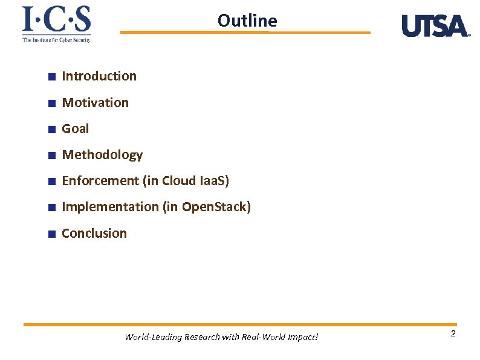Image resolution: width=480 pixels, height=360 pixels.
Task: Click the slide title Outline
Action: click(x=247, y=21)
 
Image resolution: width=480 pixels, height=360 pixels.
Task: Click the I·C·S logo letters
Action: click(x=56, y=20)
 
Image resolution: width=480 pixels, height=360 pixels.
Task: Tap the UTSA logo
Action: click(x=435, y=26)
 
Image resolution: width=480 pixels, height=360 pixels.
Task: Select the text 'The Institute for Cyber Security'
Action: click(x=56, y=40)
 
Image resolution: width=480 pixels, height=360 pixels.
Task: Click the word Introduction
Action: click(x=99, y=76)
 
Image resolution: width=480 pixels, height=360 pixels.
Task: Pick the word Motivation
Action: click(x=96, y=103)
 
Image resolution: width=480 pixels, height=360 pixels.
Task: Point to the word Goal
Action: click(x=76, y=129)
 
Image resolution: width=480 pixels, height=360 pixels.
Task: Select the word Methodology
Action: click(x=102, y=155)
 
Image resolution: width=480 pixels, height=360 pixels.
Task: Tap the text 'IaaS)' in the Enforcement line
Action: click(x=214, y=181)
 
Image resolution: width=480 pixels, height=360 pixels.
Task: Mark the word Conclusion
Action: click(x=94, y=234)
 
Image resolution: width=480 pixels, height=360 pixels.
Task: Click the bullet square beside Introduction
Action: click(x=52, y=77)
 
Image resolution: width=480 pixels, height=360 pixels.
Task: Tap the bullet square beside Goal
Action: click(x=52, y=129)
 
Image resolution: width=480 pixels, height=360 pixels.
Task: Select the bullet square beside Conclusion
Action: click(x=52, y=234)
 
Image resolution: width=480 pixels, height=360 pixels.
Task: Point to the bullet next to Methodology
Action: click(x=52, y=155)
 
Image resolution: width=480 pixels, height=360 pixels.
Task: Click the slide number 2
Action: click(x=453, y=335)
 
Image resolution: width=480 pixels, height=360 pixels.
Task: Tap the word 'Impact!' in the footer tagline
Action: click(x=301, y=337)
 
